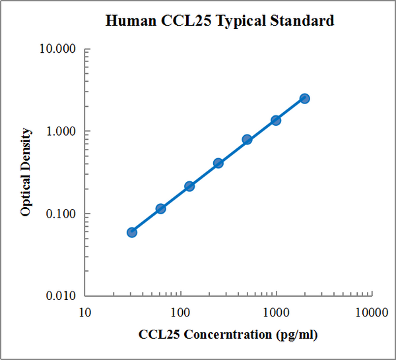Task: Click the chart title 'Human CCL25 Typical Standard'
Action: tap(220, 21)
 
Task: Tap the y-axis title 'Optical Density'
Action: tap(26, 172)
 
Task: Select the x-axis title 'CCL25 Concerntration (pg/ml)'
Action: tap(228, 334)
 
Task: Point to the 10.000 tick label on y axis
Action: tap(59, 49)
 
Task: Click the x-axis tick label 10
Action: tap(84, 311)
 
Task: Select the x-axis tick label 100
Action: tap(180, 311)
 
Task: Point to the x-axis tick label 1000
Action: tap(276, 311)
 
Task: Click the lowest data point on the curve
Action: tap(132, 232)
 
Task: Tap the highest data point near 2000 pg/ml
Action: tap(304, 98)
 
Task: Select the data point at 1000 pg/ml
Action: tap(276, 120)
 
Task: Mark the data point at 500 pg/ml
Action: tap(247, 140)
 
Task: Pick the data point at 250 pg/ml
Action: tap(218, 163)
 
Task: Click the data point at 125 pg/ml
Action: tap(189, 186)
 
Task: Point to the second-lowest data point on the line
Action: tap(160, 208)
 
